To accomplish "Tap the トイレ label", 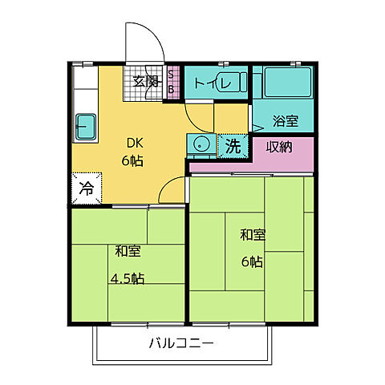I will pyautogui.click(x=205, y=83).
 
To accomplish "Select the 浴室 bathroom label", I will pyautogui.click(x=286, y=122).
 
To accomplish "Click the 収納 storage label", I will pyautogui.click(x=280, y=147).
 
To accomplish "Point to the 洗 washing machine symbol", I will pyautogui.click(x=232, y=146).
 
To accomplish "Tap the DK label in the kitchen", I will pyautogui.click(x=133, y=144).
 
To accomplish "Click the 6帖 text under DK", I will pyautogui.click(x=133, y=160).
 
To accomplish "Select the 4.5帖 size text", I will pyautogui.click(x=128, y=279).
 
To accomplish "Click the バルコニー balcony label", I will pyautogui.click(x=180, y=345).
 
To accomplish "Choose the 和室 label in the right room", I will pyautogui.click(x=253, y=235).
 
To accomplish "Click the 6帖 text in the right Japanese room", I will pyautogui.click(x=253, y=261).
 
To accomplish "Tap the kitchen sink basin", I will pyautogui.click(x=84, y=124).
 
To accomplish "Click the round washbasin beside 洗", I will pyautogui.click(x=201, y=146).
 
